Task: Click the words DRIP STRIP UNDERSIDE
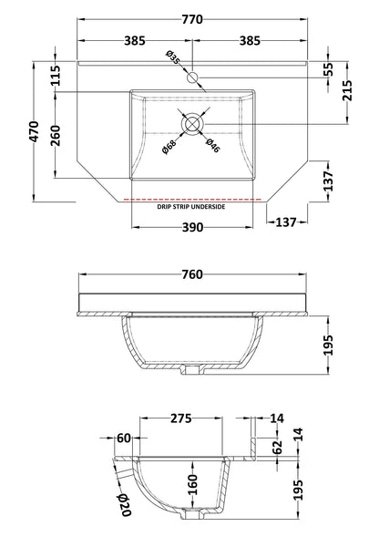[191, 207]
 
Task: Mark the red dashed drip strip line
[191, 198]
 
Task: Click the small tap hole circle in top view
[192, 79]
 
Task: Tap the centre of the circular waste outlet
[193, 122]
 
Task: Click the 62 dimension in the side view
[278, 447]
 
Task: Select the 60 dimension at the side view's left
[125, 439]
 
